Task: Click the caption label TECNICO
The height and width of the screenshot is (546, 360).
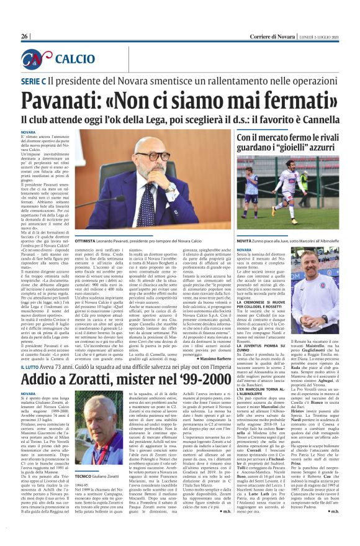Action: pyautogui.click(x=86, y=458)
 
